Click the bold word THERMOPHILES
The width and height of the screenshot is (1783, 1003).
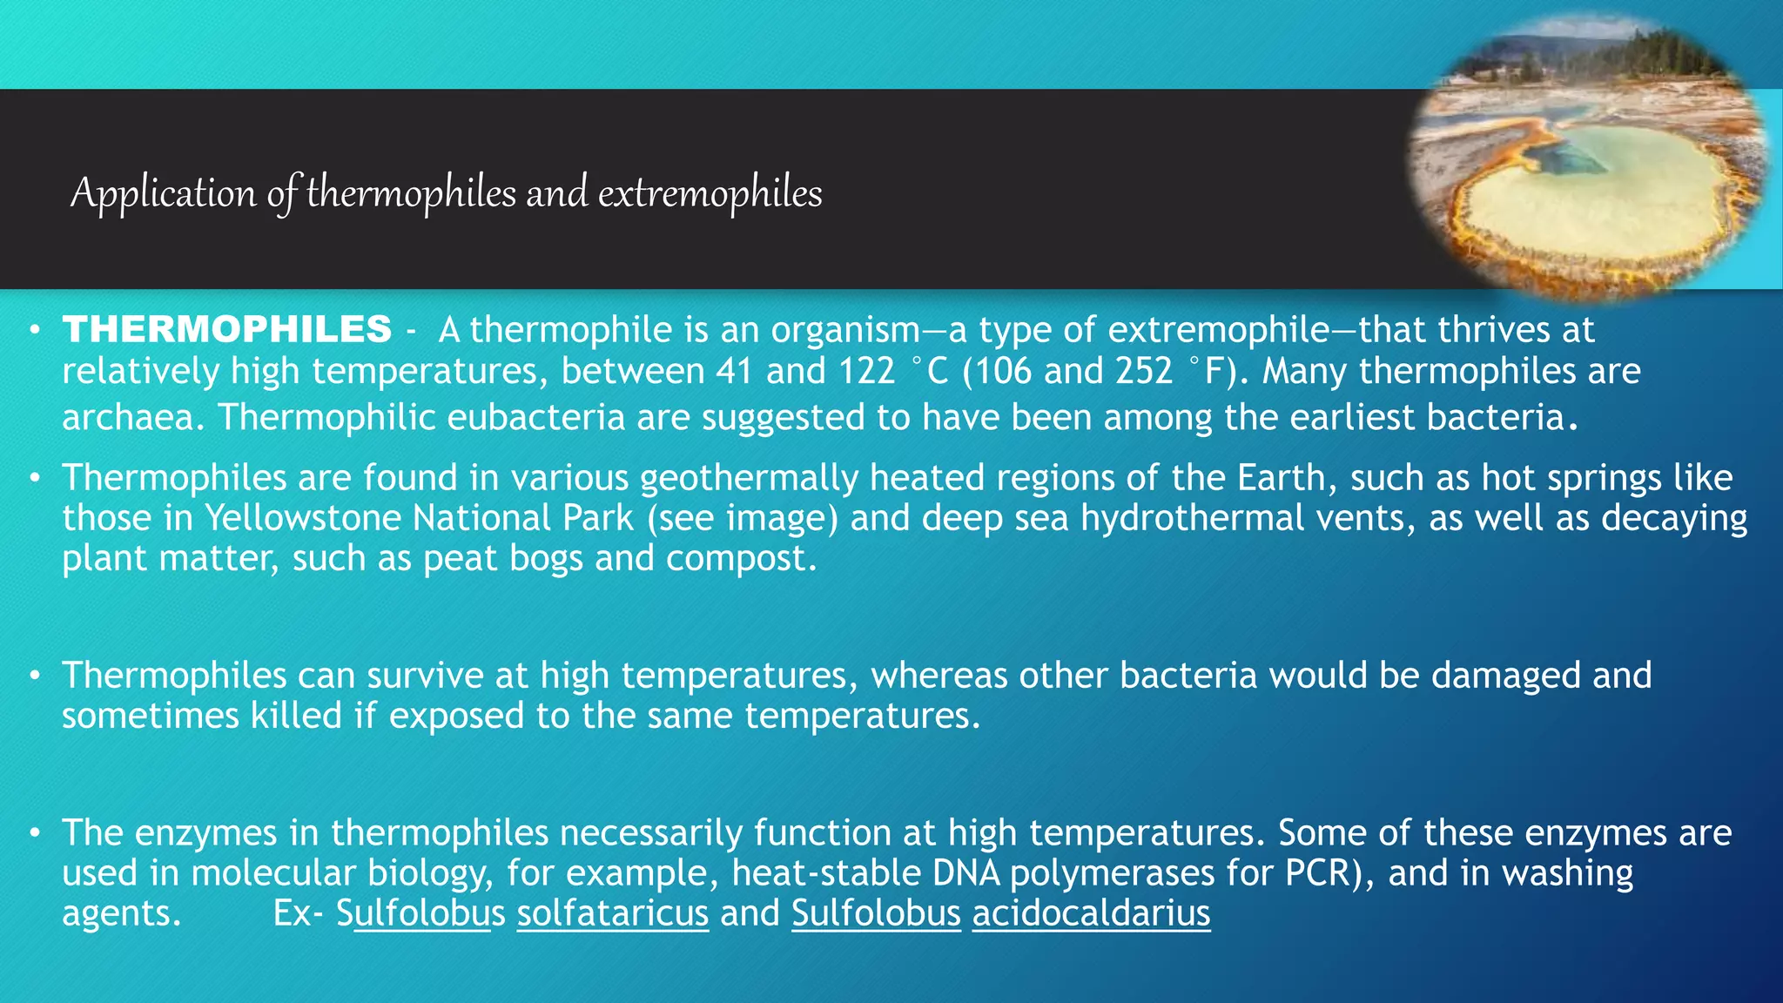(227, 330)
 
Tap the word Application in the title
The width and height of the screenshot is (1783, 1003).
(163, 192)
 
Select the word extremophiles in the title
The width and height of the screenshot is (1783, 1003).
(710, 192)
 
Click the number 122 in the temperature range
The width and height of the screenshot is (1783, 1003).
(866, 372)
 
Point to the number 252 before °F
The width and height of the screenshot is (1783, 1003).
(1144, 372)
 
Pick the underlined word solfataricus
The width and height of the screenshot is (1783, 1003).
(612, 913)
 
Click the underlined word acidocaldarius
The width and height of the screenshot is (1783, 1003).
(1091, 913)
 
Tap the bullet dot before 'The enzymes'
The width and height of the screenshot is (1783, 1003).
(34, 833)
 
